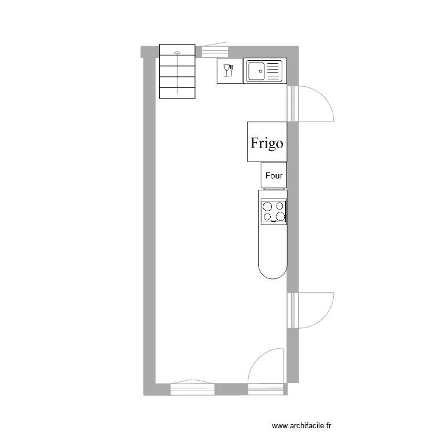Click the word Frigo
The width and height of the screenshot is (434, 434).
tap(267, 143)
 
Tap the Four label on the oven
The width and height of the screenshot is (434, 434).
tap(273, 175)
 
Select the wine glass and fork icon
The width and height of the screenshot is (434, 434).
tap(228, 71)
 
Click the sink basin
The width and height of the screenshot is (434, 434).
tap(256, 71)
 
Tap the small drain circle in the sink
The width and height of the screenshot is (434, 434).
tap(261, 72)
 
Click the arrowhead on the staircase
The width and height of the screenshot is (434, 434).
tap(177, 53)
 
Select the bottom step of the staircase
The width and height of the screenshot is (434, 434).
tap(178, 91)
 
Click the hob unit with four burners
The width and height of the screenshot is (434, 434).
tap(273, 212)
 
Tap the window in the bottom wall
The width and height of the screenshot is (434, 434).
tap(193, 389)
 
